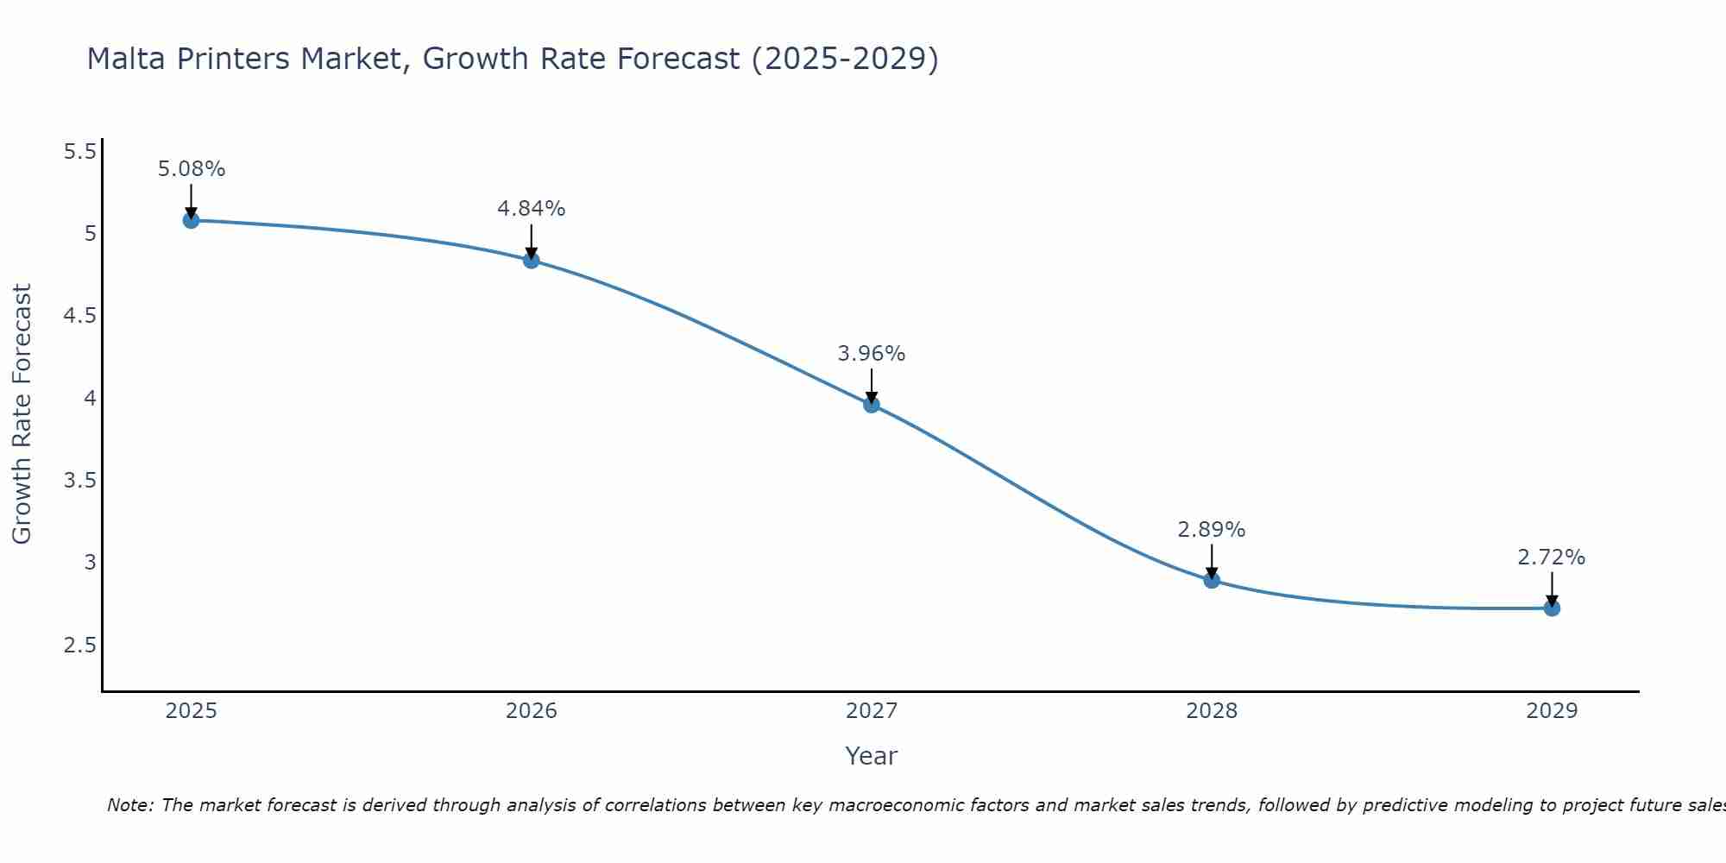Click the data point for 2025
191,220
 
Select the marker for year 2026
532,260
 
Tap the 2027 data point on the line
872,404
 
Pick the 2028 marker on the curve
1212,580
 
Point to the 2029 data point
1552,608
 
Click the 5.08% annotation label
191,169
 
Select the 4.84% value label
532,209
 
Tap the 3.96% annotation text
872,354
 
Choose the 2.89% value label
1212,530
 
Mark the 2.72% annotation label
1552,557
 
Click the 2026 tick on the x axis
532,711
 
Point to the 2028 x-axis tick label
1212,711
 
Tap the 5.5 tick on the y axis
80,152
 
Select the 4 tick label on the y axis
90,399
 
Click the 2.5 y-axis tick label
80,646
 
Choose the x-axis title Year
872,756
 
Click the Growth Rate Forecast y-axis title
22,413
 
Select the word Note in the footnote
129,805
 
